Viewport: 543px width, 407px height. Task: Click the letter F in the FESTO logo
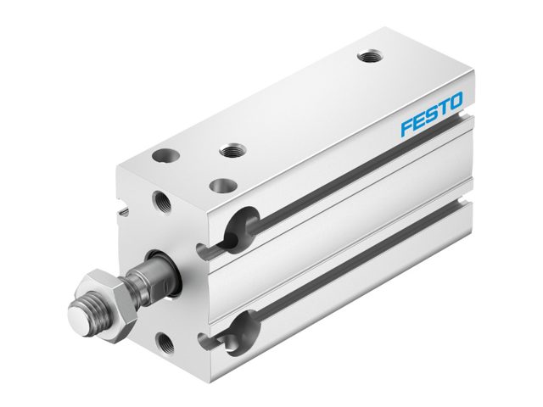pos(406,128)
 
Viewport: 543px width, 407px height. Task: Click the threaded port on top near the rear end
pos(368,57)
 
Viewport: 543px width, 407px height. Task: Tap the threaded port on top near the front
pos(232,151)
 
